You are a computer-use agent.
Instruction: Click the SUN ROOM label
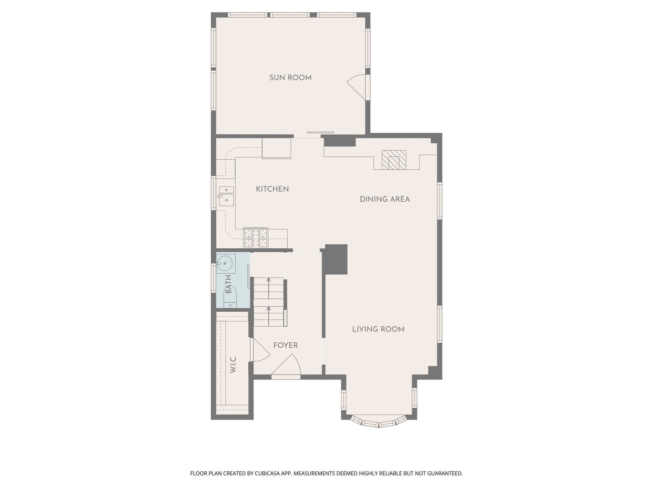290,78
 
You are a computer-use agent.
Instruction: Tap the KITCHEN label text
272,189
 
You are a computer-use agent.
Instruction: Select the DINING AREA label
385,199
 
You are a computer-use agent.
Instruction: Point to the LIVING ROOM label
378,329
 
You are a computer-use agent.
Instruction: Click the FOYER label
285,345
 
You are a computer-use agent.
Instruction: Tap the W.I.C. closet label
233,364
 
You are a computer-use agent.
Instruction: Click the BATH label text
228,284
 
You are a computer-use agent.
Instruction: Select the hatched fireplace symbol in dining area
394,160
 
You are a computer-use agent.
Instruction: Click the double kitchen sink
226,195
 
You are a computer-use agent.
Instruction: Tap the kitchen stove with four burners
256,238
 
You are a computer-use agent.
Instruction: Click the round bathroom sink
225,264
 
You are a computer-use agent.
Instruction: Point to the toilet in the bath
230,297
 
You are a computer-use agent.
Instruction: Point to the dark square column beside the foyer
336,259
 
